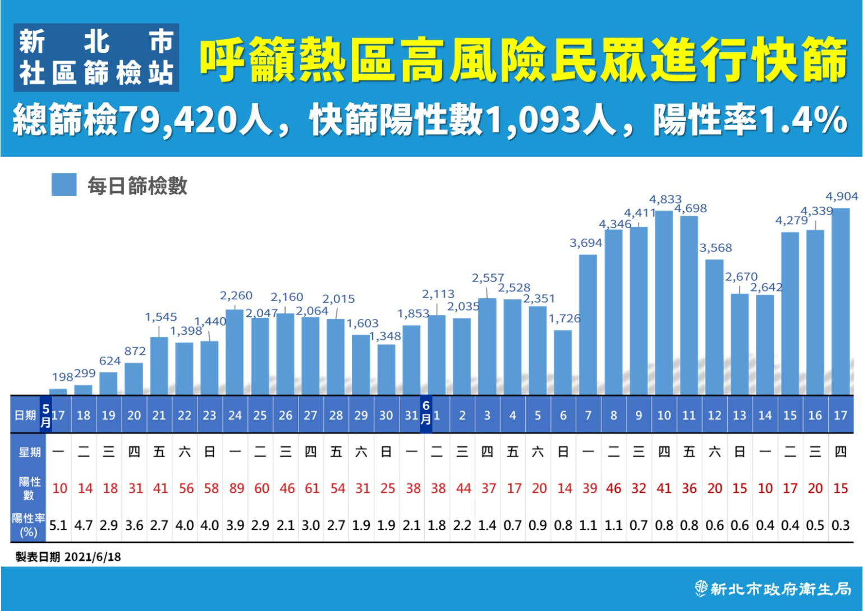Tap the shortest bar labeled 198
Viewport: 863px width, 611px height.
[58, 391]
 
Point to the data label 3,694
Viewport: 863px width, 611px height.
[585, 243]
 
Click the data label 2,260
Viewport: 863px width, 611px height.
[236, 295]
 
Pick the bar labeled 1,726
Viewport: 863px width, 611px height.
[563, 362]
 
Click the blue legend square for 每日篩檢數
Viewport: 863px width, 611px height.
[64, 185]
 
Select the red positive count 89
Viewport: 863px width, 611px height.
[236, 489]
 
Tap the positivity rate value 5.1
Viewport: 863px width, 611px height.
[58, 526]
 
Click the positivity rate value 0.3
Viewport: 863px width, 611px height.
[840, 526]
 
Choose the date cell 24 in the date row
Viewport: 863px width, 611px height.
[235, 416]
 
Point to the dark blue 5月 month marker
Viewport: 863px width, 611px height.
[45, 415]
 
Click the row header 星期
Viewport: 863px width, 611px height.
[29, 452]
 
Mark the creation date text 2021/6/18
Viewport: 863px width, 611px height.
[93, 557]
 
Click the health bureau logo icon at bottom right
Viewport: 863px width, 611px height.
[701, 589]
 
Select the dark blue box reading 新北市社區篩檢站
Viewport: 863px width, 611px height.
[97, 58]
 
